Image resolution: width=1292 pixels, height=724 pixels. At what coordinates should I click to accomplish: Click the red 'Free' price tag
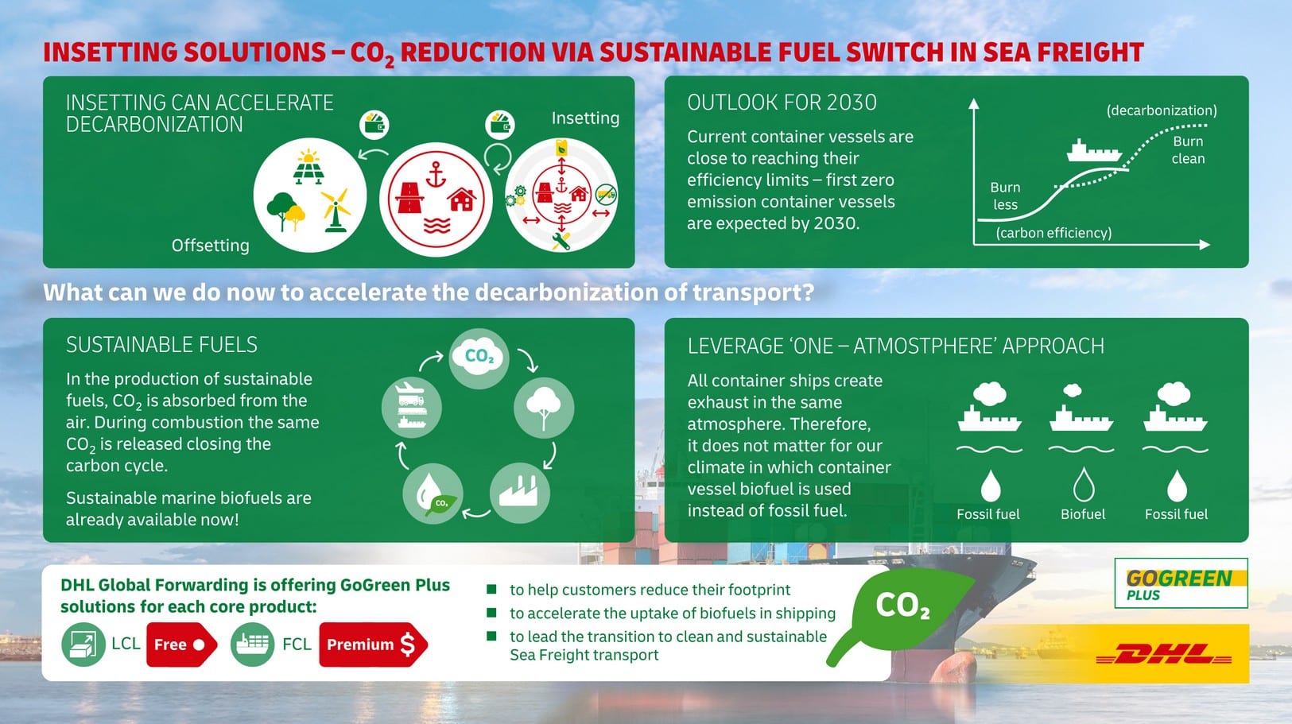point(181,645)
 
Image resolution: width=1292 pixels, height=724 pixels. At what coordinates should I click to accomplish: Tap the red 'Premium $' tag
point(373,645)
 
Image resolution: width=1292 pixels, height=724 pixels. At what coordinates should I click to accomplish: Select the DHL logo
point(1164,654)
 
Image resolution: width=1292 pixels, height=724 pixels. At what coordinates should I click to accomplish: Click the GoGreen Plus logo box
point(1181,583)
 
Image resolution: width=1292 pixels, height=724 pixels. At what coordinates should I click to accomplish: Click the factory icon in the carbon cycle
point(519,492)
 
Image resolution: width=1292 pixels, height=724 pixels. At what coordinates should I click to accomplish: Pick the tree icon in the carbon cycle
point(543,408)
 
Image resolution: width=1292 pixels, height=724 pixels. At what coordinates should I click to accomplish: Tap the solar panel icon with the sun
point(308,167)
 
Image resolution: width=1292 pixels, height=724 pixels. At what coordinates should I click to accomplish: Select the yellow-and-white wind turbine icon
point(336,211)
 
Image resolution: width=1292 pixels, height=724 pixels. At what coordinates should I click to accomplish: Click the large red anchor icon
point(436,175)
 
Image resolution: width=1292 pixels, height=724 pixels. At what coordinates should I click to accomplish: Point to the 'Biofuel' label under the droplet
point(1083,514)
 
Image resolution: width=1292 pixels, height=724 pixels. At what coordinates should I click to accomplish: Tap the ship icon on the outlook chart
point(1093,151)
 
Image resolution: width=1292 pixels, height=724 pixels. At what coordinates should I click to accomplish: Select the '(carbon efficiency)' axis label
point(1053,233)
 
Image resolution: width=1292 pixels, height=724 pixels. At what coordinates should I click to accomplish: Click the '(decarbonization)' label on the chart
point(1162,110)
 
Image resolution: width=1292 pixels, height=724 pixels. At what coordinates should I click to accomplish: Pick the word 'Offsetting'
point(211,246)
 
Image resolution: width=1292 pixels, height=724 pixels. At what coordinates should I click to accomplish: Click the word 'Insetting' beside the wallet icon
point(585,118)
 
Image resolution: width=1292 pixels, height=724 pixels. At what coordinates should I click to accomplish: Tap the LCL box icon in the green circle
point(83,645)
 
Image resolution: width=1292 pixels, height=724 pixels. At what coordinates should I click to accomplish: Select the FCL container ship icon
point(253,645)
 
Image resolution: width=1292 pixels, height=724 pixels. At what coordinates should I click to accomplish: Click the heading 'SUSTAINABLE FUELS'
point(161,345)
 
